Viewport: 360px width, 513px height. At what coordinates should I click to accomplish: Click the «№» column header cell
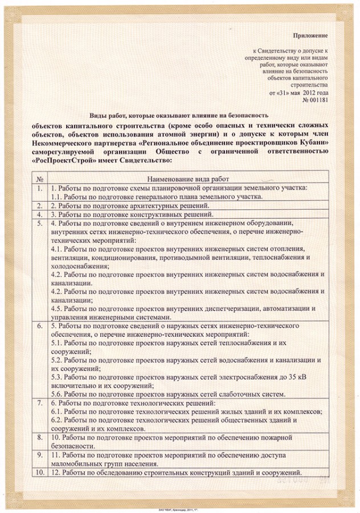[x=39, y=178]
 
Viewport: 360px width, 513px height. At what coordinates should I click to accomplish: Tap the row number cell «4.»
[x=39, y=214]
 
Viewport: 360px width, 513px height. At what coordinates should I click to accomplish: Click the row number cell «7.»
[x=39, y=403]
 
